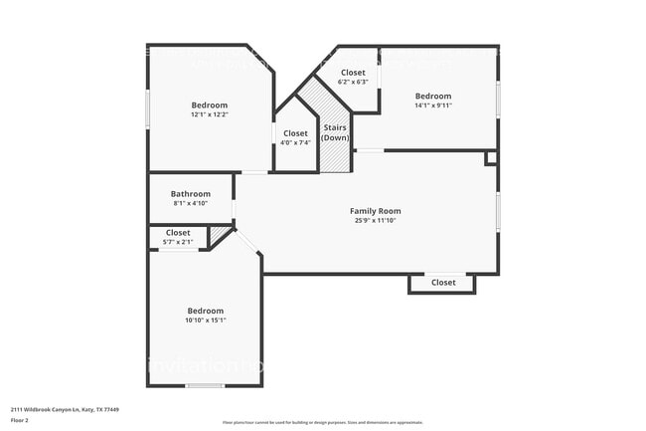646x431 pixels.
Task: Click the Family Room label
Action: pyautogui.click(x=375, y=210)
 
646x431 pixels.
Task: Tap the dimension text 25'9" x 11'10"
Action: pyautogui.click(x=375, y=220)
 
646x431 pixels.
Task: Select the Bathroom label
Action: pyautogui.click(x=190, y=193)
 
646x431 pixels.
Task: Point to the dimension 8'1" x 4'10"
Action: pyautogui.click(x=190, y=203)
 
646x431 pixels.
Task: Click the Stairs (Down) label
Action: pyautogui.click(x=335, y=132)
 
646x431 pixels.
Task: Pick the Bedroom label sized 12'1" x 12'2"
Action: pyautogui.click(x=209, y=105)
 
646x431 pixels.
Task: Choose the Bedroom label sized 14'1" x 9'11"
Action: pyautogui.click(x=432, y=96)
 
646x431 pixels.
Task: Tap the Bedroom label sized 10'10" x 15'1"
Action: pyautogui.click(x=206, y=311)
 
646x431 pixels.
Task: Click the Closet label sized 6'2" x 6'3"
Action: pyautogui.click(x=353, y=73)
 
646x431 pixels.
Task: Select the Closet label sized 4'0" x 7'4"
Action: pyautogui.click(x=295, y=132)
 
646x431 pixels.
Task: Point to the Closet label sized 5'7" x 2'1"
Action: pyautogui.click(x=178, y=232)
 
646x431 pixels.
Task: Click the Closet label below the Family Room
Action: pyautogui.click(x=443, y=283)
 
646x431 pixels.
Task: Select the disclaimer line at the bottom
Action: pyautogui.click(x=322, y=423)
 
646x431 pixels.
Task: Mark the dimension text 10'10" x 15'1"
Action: pyautogui.click(x=206, y=320)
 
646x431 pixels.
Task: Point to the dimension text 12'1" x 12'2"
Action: pyautogui.click(x=209, y=114)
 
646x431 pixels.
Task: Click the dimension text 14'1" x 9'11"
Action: pyautogui.click(x=432, y=106)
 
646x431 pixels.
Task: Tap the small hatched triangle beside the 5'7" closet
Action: pyautogui.click(x=219, y=234)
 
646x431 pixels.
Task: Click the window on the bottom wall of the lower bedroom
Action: pyautogui.click(x=205, y=385)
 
